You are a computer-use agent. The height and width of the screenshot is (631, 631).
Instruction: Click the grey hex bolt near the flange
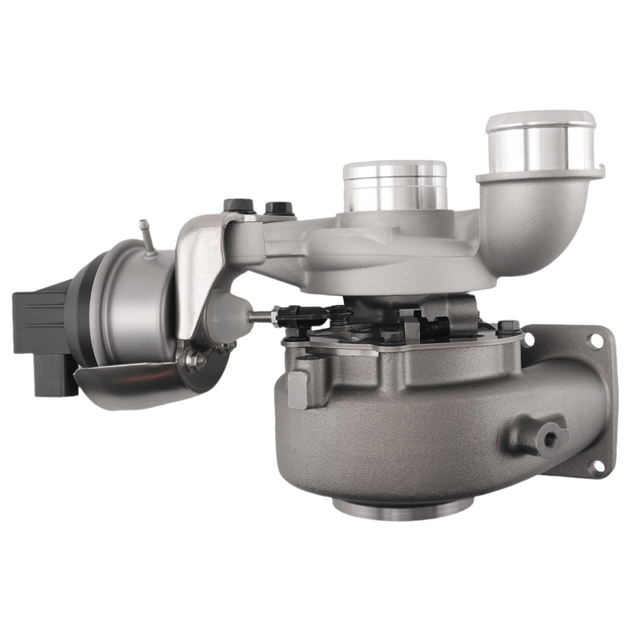(509, 327)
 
